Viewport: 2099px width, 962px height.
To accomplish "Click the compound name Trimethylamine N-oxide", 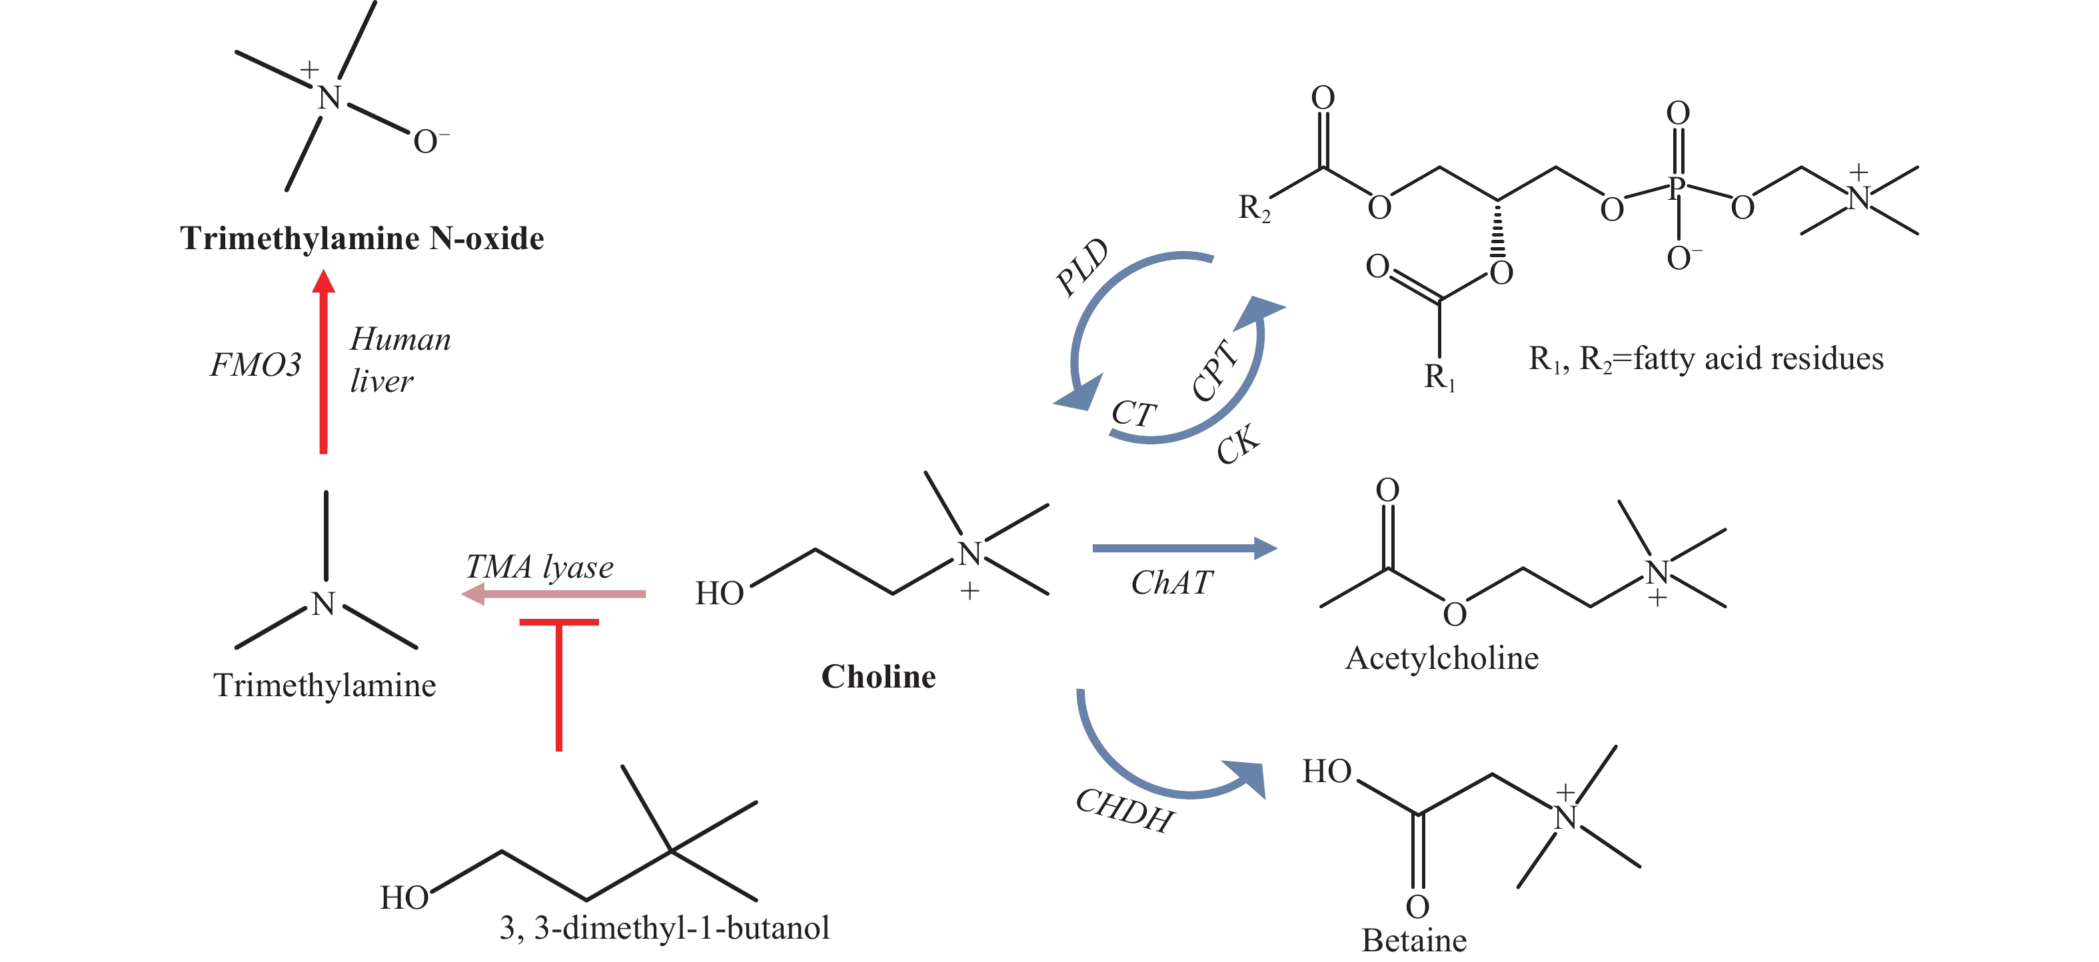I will pos(362,239).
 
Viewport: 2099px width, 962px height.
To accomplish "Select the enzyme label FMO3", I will pos(256,365).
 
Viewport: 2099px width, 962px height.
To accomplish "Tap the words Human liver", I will pos(399,360).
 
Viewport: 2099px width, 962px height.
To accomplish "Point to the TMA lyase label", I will pos(540,567).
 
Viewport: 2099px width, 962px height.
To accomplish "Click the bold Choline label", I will pos(878,677).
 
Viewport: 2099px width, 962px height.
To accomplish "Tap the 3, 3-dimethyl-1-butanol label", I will pos(664,928).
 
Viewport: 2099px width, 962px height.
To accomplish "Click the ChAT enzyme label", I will pos(1171,583).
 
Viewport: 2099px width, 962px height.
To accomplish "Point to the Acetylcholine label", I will pos(1441,658).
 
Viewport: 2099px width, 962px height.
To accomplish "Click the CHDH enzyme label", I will pos(1125,811).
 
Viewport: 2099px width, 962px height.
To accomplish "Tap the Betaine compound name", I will pos(1414,941).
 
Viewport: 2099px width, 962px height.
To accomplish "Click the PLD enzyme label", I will pos(1082,267).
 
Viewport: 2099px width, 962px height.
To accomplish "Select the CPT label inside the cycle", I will pos(1214,370).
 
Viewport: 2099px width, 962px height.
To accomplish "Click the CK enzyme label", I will pos(1237,445).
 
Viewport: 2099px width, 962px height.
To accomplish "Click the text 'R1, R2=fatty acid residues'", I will pos(1705,359).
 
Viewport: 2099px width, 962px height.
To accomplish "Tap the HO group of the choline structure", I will pos(719,594).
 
